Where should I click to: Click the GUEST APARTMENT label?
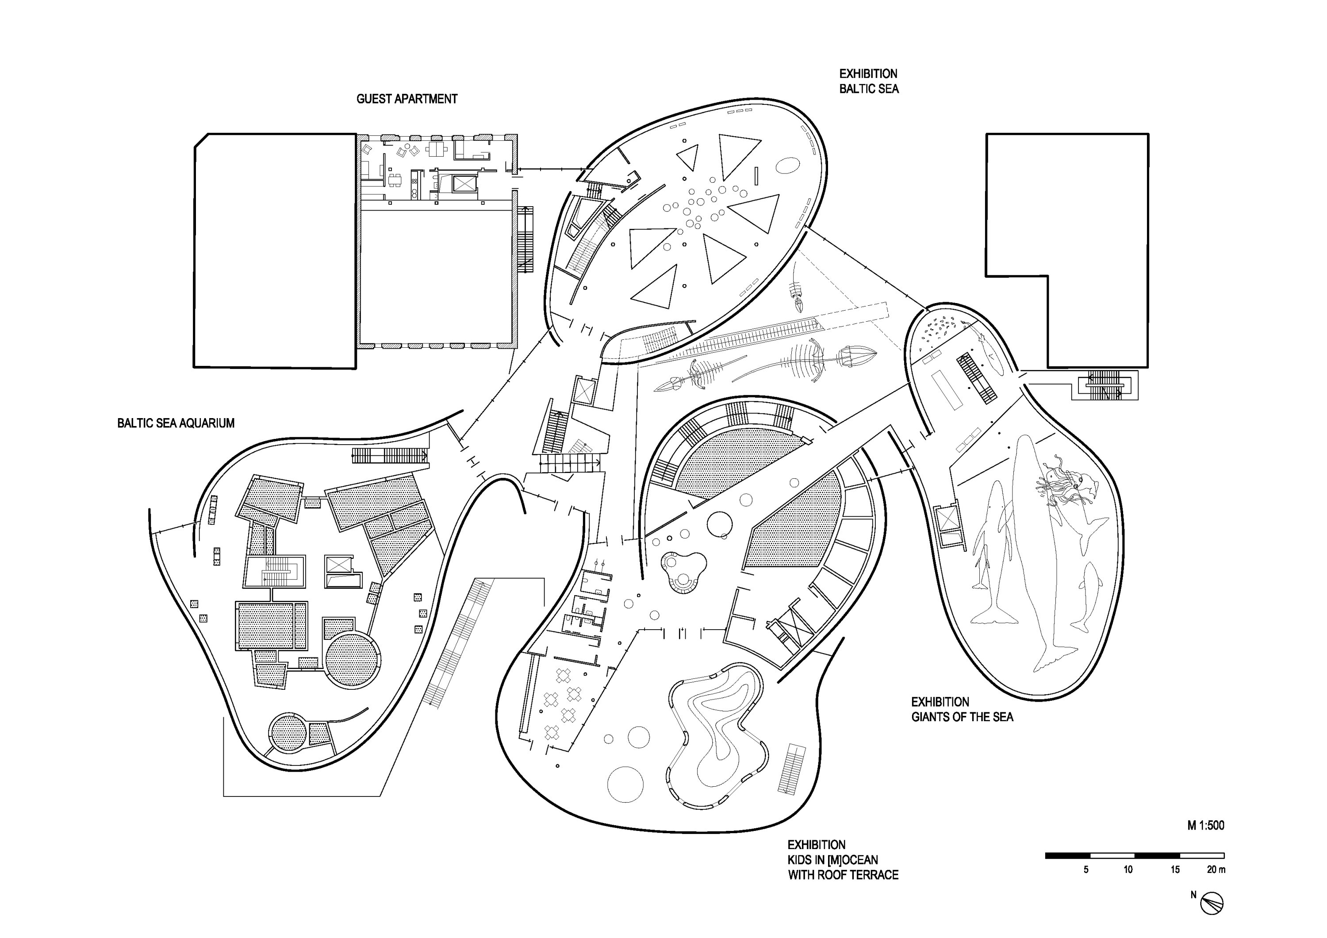click(x=407, y=99)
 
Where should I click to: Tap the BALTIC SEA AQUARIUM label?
click(x=176, y=423)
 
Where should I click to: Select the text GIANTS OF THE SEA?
click(x=963, y=717)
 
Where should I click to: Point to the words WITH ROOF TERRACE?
click(x=843, y=875)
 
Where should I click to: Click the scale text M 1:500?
click(x=1206, y=825)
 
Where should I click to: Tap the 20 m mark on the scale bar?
click(x=1216, y=869)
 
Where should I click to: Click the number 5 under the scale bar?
click(x=1086, y=869)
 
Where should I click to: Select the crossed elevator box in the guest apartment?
click(x=464, y=184)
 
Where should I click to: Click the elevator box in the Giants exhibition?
click(x=947, y=517)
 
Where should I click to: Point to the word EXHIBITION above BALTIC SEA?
click(x=868, y=74)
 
